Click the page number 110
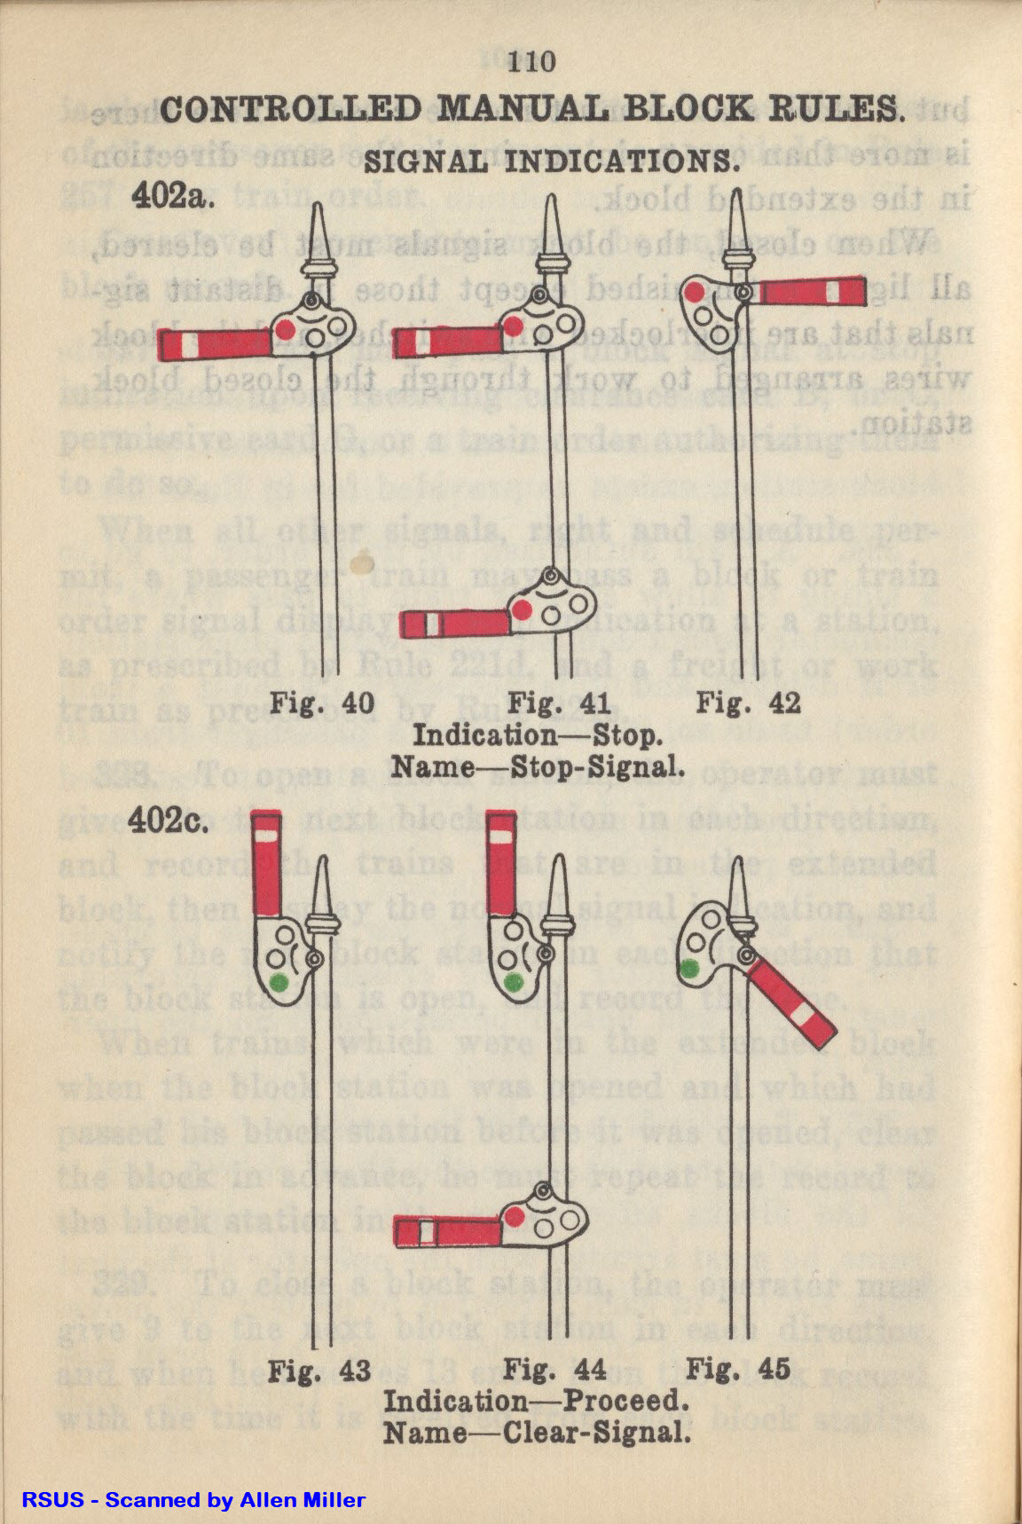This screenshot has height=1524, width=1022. [532, 61]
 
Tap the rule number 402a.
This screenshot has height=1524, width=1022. [174, 196]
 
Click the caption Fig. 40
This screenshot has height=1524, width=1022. [322, 703]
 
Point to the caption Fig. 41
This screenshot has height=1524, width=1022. [560, 703]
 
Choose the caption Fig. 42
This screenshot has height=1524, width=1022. [748, 703]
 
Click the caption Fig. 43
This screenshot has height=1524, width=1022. [319, 1371]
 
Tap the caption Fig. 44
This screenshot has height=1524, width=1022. [554, 1371]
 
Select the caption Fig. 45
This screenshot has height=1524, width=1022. [738, 1371]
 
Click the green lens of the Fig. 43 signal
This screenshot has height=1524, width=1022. [279, 981]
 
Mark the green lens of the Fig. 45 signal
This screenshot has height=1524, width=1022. [688, 970]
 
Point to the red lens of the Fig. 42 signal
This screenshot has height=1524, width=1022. [696, 292]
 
